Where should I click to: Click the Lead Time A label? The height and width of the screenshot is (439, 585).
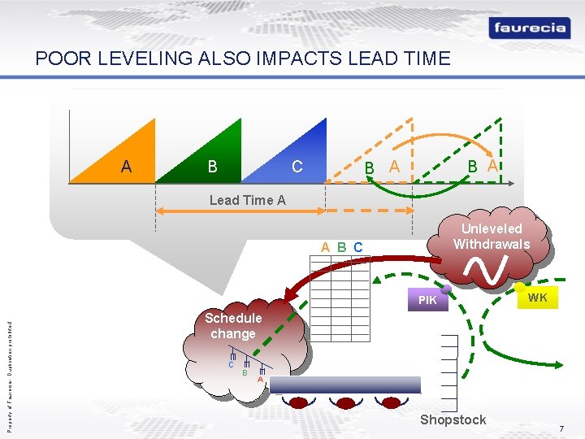pos(248,200)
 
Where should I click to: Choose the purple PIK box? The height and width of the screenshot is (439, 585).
pos(427,300)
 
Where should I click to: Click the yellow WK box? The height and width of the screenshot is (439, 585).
pos(537,298)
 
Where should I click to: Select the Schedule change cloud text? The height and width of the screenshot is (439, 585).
pos(233,326)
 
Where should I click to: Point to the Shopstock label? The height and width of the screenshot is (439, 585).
pos(453,419)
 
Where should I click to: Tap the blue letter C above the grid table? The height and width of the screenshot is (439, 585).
pos(358,246)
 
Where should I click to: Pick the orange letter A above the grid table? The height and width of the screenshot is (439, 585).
pos(325,246)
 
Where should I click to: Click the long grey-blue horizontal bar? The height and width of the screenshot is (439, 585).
pos(345,385)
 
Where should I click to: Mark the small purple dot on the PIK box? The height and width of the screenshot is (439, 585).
pos(446,289)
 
